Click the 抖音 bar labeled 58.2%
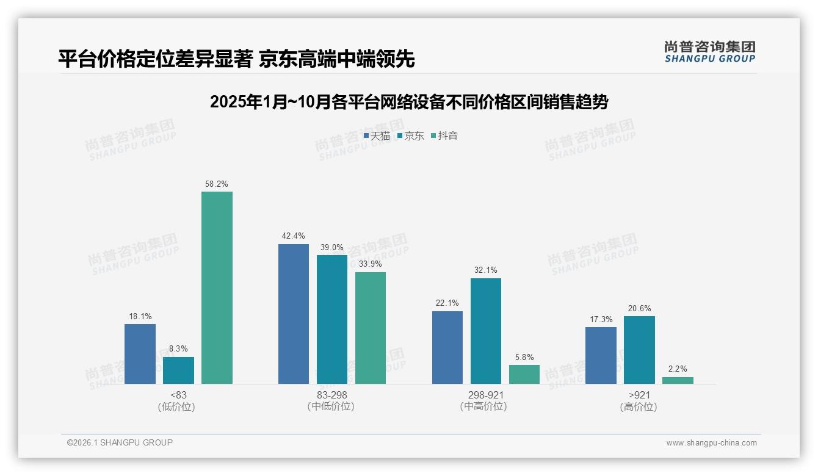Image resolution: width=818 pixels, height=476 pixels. coord(217,287)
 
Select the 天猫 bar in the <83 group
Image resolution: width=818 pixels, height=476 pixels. coord(140,354)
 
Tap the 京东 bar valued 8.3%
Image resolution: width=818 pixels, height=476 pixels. coord(178,370)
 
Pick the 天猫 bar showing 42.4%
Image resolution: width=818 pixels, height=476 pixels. coord(294,314)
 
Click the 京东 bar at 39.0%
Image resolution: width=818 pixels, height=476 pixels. coord(332,319)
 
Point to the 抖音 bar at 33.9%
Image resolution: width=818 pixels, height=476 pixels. coord(371,328)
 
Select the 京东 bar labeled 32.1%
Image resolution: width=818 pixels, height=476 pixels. coord(486,331)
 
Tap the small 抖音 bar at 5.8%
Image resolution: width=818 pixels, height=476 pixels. coord(524,374)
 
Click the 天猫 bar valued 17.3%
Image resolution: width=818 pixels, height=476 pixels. coord(601,355)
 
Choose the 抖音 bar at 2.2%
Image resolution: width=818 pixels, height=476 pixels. coord(678,380)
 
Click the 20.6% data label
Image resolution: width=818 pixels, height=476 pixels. coord(639,309)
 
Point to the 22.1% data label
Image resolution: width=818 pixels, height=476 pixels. coord(447,303)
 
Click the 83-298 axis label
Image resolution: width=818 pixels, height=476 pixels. coord(332,395)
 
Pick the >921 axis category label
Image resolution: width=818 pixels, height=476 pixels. coord(639,395)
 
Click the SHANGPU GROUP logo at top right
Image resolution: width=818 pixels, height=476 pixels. coord(709,52)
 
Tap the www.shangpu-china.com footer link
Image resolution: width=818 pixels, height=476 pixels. coord(711,443)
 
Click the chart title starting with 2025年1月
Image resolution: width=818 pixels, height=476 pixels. coord(409,102)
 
